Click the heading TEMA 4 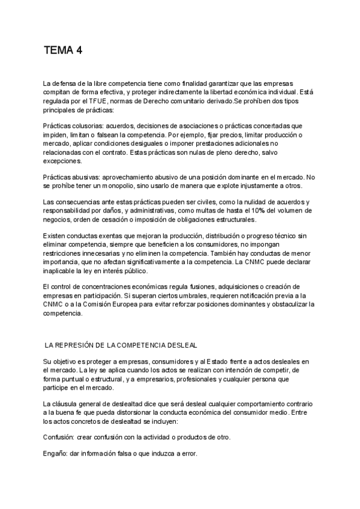pyautogui.click(x=63, y=50)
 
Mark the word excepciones pyautogui.click(x=63, y=161)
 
